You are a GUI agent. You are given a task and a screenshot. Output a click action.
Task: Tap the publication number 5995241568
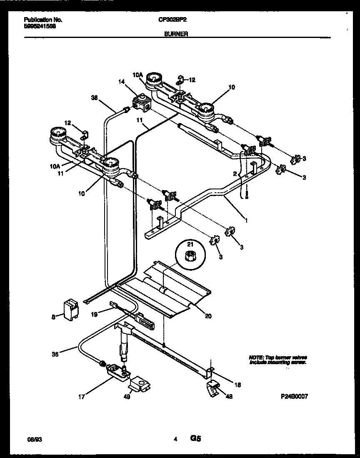pyautogui.click(x=40, y=26)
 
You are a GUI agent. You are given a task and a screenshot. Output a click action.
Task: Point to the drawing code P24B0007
pyautogui.click(x=294, y=396)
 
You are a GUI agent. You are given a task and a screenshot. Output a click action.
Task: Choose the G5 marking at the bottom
pyautogui.click(x=196, y=438)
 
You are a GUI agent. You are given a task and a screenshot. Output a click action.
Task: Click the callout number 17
pyautogui.click(x=82, y=397)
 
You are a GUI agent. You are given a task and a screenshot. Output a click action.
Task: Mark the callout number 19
pyautogui.click(x=95, y=314)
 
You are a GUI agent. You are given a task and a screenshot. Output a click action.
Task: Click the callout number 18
pyautogui.click(x=237, y=385)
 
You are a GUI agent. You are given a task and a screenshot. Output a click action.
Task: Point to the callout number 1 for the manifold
pyautogui.click(x=246, y=220)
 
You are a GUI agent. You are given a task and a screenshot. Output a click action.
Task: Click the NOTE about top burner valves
pyautogui.click(x=278, y=360)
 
